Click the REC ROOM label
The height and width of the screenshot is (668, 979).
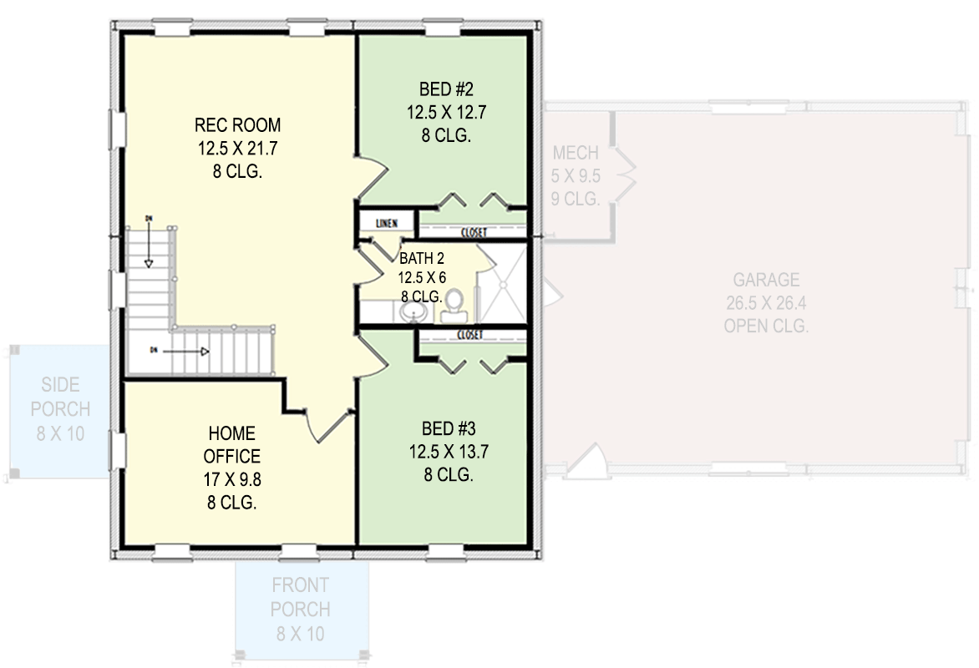coord(237,125)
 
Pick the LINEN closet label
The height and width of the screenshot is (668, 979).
coord(385,224)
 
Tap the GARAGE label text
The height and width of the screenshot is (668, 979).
coord(766,280)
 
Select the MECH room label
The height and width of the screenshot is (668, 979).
coord(576,153)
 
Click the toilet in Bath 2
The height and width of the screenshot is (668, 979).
coord(454,306)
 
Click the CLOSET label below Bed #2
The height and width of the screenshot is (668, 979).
coord(472,232)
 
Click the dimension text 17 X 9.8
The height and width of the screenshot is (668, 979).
coord(232,480)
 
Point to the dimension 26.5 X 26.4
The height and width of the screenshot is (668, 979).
coord(766,303)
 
